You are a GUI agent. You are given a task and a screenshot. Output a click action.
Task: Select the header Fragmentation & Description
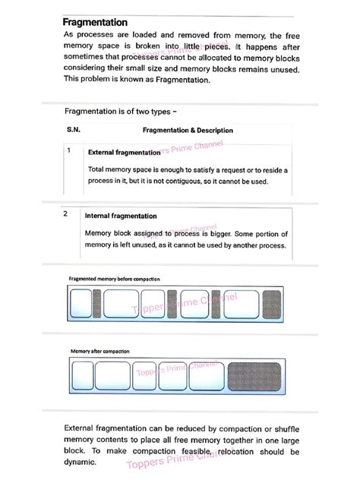(188, 131)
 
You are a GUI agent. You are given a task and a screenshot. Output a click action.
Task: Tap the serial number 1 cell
(69, 151)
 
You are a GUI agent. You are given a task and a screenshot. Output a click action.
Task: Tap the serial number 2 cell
(66, 215)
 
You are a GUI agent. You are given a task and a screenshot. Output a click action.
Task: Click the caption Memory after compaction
(99, 352)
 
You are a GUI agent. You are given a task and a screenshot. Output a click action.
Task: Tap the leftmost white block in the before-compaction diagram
(80, 305)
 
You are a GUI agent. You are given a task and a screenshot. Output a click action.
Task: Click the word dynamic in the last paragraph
(82, 461)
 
